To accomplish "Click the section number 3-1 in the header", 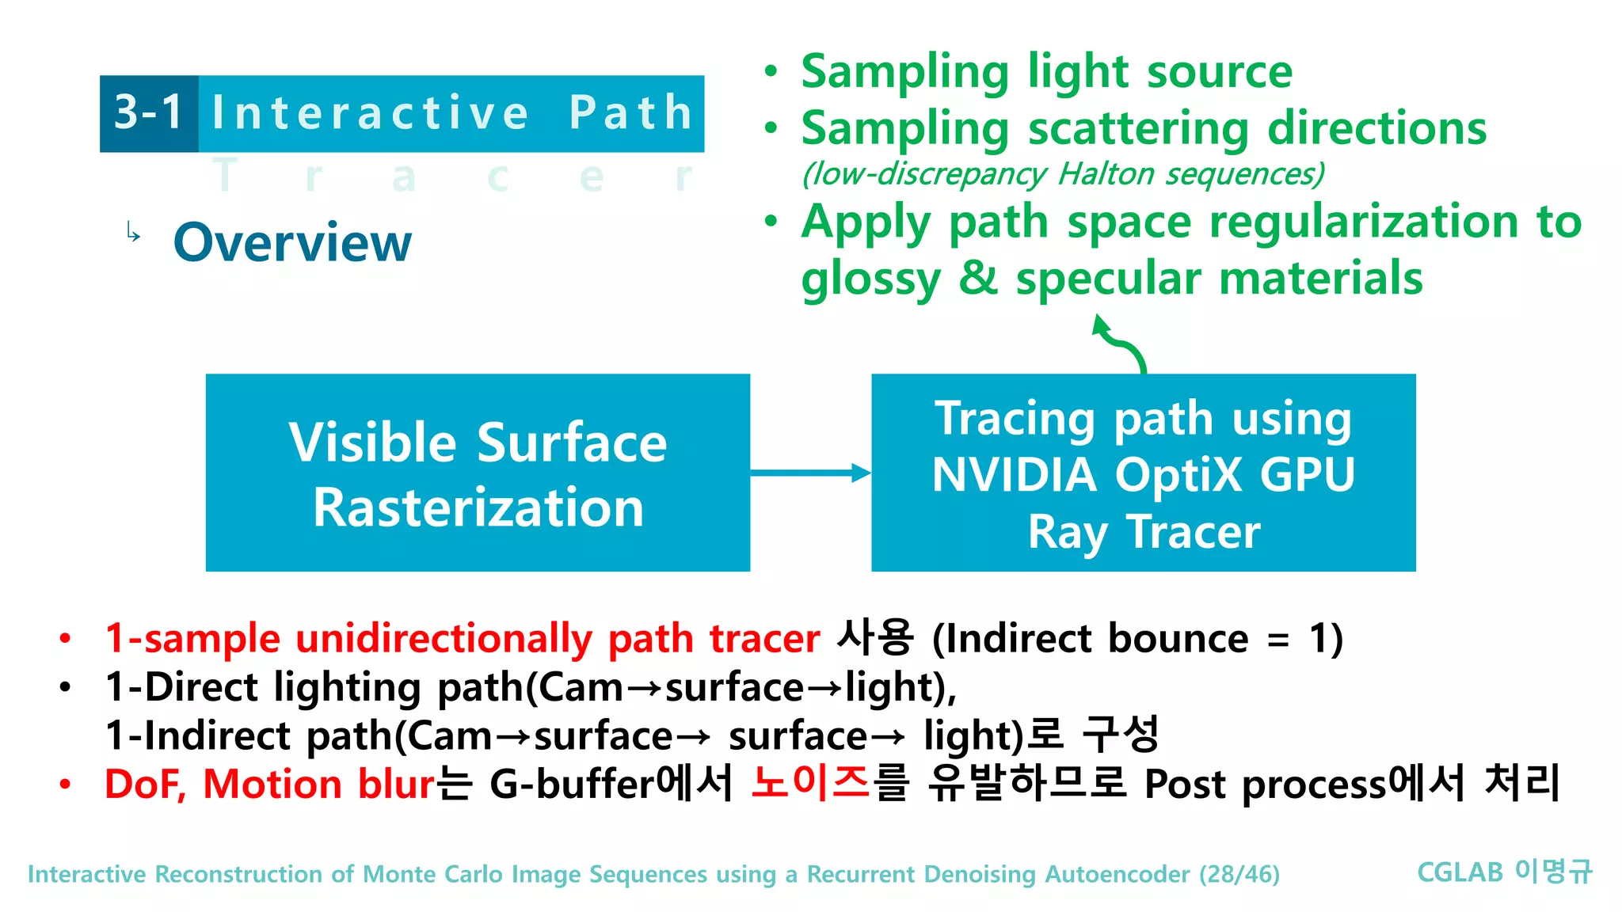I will point(149,112).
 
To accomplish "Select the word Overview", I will point(292,242).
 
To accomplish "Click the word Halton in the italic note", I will point(1106,174).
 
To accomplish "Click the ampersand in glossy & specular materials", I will point(978,279).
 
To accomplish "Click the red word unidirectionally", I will point(444,639).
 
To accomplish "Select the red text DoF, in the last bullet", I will point(145,785).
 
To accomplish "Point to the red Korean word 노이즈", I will point(810,783).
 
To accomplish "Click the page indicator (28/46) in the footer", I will point(1239,874).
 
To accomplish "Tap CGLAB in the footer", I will point(1460,872).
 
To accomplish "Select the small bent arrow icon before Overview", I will point(133,233).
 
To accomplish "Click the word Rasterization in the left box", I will point(478,507).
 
